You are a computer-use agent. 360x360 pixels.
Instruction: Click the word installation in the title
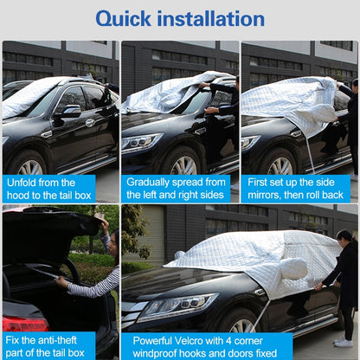click(x=217, y=18)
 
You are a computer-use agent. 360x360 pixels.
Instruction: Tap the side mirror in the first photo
click(x=69, y=111)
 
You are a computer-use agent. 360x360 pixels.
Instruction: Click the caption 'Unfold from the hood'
click(x=48, y=189)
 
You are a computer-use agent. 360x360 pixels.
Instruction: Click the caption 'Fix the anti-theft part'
click(x=48, y=345)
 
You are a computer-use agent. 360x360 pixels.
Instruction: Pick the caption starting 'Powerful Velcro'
click(x=206, y=345)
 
